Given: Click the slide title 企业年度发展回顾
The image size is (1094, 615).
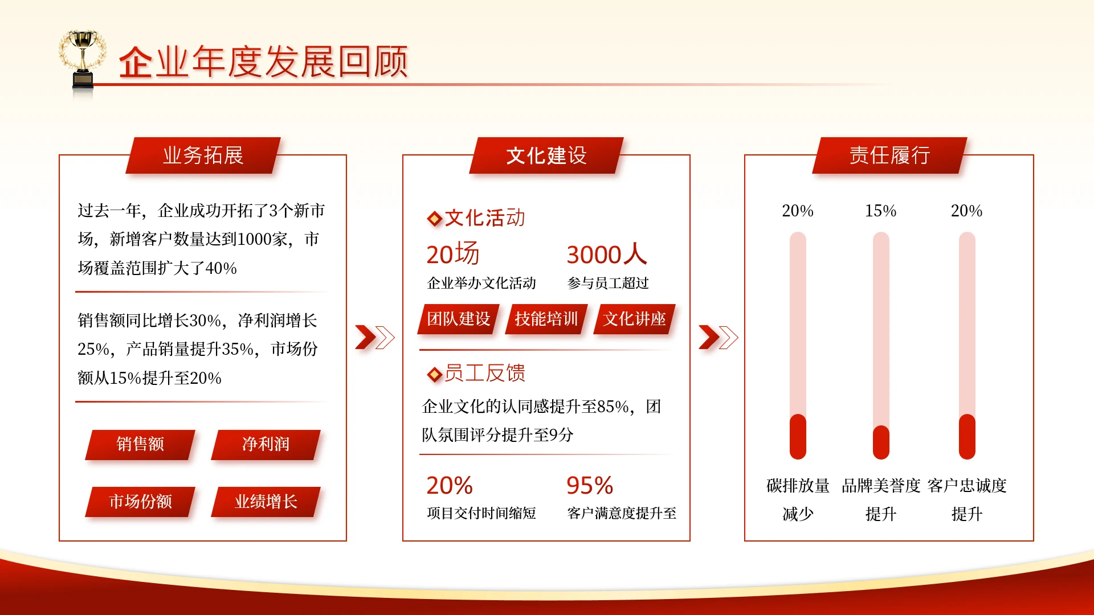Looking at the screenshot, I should (x=263, y=61).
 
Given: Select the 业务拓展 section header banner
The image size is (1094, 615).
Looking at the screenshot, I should (x=203, y=155).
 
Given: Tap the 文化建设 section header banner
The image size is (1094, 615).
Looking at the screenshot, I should (x=546, y=155).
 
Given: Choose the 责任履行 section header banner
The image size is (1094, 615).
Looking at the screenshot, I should (x=889, y=155).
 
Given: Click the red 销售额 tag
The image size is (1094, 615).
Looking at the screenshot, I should (x=140, y=444).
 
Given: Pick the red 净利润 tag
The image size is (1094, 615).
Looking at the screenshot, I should (x=266, y=444).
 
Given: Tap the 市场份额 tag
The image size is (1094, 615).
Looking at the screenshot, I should (x=140, y=501).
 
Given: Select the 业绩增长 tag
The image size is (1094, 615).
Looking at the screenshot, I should (x=266, y=501).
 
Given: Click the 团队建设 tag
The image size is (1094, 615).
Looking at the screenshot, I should (x=458, y=319).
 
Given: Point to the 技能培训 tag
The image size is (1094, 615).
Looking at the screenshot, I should (x=546, y=319).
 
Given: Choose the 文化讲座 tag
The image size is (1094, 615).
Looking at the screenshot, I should (x=634, y=319).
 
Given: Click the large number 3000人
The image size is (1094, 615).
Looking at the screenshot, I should (x=606, y=254).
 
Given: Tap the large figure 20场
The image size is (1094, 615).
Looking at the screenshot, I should (x=453, y=254).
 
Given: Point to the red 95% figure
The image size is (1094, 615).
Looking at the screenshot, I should (x=590, y=486).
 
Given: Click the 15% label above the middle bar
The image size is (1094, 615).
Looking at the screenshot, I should (x=880, y=211).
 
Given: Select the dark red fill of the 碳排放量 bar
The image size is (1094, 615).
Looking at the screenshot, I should (x=798, y=437).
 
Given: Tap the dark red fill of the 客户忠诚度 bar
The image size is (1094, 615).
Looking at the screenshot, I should (x=967, y=437).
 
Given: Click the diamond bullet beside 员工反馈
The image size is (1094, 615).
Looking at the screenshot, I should (x=434, y=374).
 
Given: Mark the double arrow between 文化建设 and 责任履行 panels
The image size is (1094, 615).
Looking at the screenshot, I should (x=718, y=337).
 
